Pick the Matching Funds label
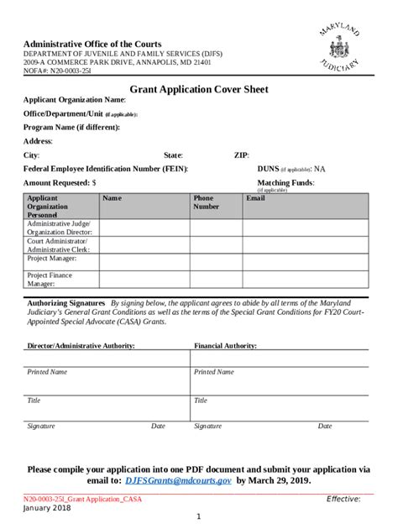pyautogui.click(x=285, y=181)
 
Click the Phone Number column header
pyautogui.click(x=206, y=202)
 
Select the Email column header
pyautogui.click(x=254, y=198)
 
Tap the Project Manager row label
pyautogui.click(x=51, y=259)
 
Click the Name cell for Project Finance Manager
pyautogui.click(x=144, y=280)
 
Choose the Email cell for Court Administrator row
pyautogui.click(x=306, y=245)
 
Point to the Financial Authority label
pyautogui.click(x=226, y=345)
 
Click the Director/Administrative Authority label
pyautogui.click(x=81, y=345)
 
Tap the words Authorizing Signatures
pyautogui.click(x=66, y=302)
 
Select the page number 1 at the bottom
pyautogui.click(x=198, y=516)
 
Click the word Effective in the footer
pyautogui.click(x=343, y=499)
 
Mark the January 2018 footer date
pyautogui.click(x=47, y=509)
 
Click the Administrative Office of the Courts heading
pyautogui.click(x=92, y=44)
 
